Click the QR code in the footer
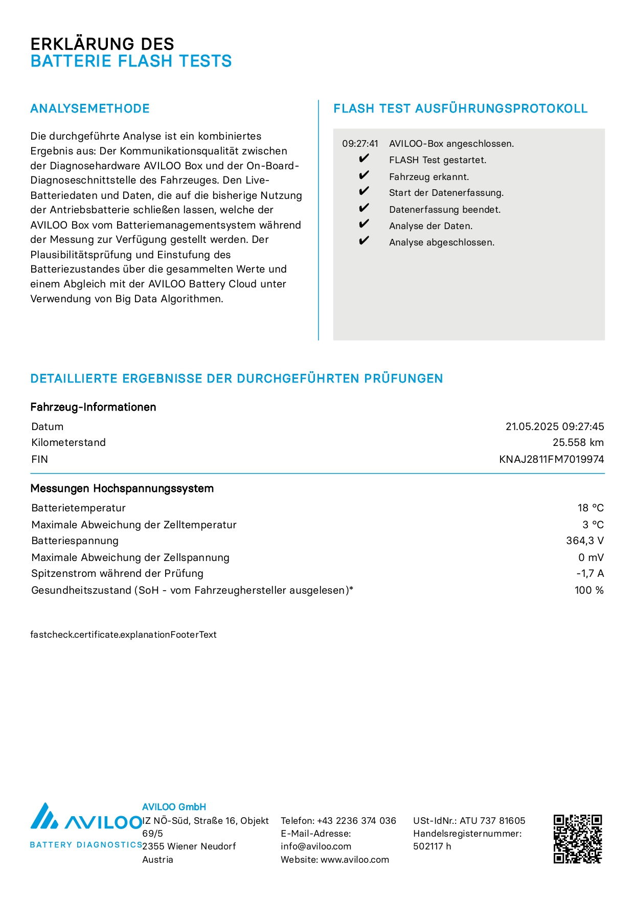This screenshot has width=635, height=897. (x=578, y=839)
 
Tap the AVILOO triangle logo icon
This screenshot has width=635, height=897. (x=43, y=816)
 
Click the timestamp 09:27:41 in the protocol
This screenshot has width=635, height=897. (x=360, y=144)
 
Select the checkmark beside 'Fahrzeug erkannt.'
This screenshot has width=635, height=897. (x=364, y=176)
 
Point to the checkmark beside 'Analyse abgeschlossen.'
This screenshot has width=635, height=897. (x=364, y=241)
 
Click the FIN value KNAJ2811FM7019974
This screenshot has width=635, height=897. (x=551, y=459)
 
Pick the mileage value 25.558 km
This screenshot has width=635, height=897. (x=578, y=442)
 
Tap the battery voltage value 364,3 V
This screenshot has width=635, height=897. (x=584, y=541)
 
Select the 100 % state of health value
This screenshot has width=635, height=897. (x=588, y=590)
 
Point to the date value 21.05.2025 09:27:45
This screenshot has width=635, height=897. (x=554, y=427)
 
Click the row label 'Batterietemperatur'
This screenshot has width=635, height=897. (x=78, y=508)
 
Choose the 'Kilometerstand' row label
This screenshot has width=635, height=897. (x=69, y=442)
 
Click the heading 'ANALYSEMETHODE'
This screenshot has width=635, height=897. (x=90, y=108)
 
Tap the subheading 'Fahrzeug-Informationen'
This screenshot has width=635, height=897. (x=93, y=407)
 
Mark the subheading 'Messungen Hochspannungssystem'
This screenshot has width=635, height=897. (x=122, y=488)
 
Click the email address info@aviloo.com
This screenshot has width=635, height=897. (x=315, y=846)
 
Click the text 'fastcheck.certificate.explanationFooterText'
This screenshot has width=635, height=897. (x=123, y=635)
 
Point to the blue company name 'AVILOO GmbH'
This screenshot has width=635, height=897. (x=174, y=807)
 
